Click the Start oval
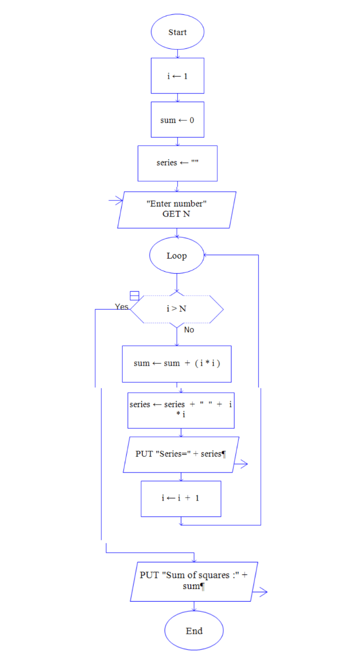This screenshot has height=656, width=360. [x=177, y=32]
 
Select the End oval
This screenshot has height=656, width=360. [x=194, y=631]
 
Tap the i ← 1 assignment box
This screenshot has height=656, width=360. [x=177, y=76]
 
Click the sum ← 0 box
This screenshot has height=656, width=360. [x=177, y=120]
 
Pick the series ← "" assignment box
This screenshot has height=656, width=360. [x=177, y=163]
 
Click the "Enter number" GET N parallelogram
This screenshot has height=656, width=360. [x=176, y=209]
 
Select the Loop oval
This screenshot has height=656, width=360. [x=176, y=256]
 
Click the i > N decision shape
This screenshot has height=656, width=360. [x=176, y=308]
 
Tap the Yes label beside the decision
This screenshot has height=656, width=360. [x=122, y=307]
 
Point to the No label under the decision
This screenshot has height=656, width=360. [x=189, y=330]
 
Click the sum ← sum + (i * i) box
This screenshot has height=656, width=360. [x=176, y=363]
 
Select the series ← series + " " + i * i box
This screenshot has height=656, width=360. [x=181, y=410]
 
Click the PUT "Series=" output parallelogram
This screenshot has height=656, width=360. [x=181, y=454]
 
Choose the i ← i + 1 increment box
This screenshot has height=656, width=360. [x=181, y=498]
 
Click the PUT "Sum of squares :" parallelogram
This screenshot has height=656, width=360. [x=194, y=581]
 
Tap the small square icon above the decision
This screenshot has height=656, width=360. [x=134, y=296]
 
